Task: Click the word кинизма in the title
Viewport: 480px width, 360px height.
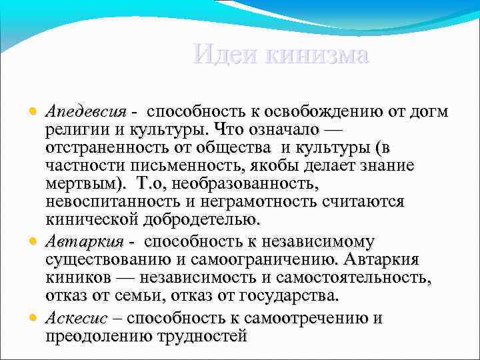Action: (x=316, y=54)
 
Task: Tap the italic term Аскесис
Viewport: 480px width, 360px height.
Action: (x=77, y=317)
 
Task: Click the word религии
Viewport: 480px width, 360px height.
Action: (x=77, y=127)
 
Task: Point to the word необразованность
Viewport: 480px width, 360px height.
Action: (x=247, y=183)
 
